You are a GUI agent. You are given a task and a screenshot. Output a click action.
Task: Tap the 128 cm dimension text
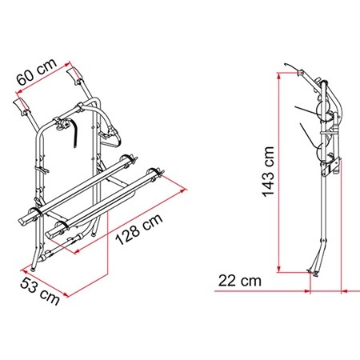click(139, 229)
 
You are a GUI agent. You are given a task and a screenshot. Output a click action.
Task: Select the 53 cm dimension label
click(40, 291)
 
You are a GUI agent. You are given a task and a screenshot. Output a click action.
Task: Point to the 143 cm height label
click(268, 172)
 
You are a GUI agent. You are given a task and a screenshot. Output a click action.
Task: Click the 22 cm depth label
click(240, 281)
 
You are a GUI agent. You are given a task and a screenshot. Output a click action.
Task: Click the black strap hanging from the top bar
click(74, 133)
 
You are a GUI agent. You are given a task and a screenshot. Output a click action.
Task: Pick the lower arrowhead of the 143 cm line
click(279, 270)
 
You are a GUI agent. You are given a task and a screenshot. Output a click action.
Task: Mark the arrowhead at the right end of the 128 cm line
click(184, 190)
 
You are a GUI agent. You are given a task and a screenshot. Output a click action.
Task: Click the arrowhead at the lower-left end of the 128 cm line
click(78, 251)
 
